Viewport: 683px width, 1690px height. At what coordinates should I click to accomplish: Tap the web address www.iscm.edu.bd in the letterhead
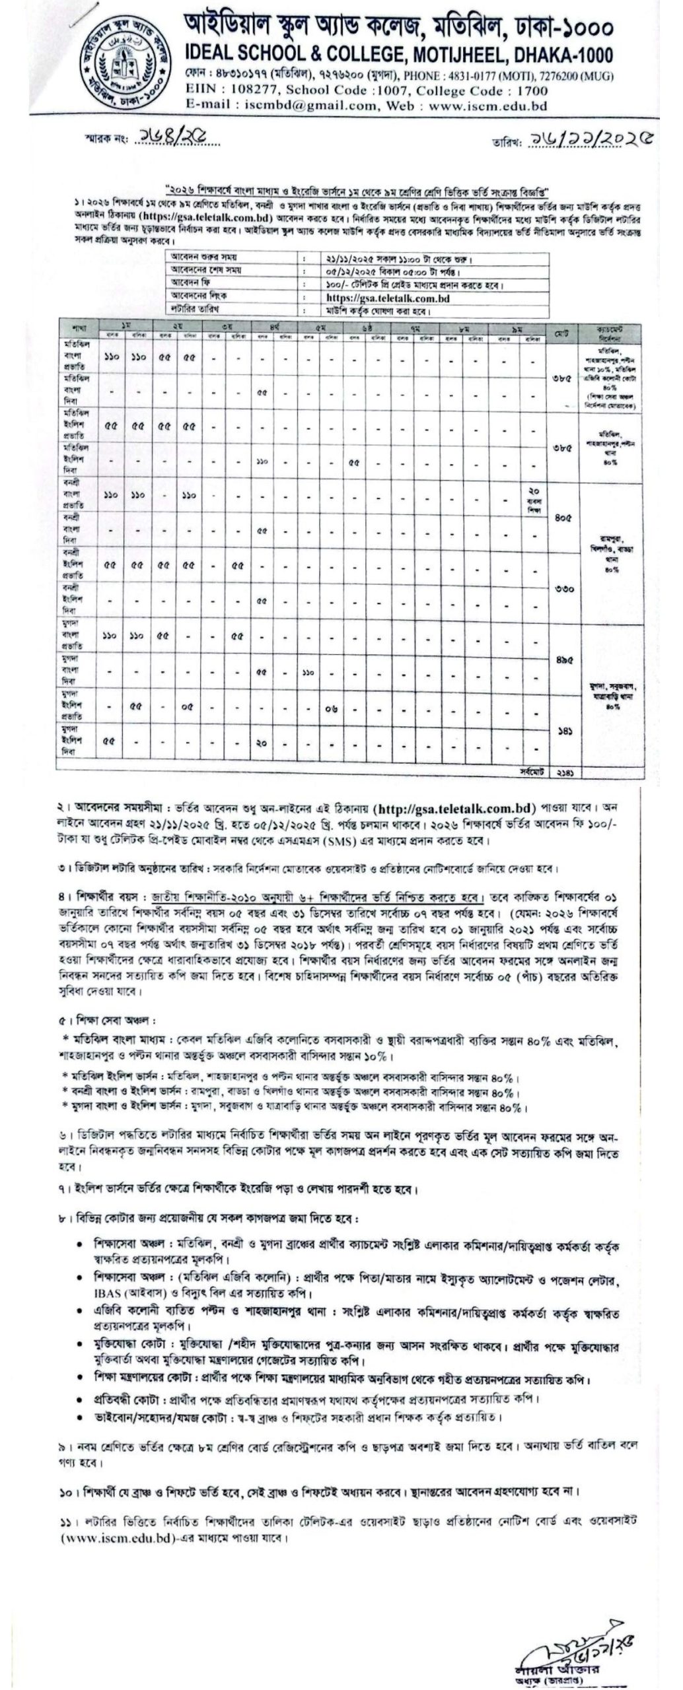[x=485, y=105]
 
